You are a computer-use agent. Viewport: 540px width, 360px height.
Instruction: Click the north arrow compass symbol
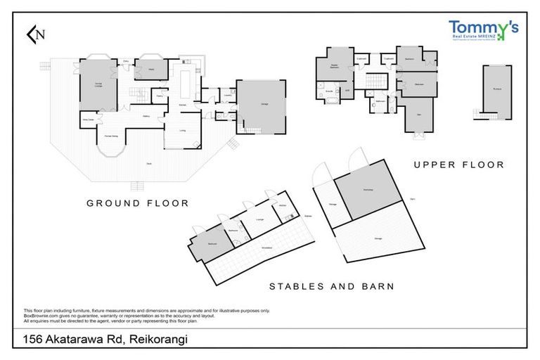(34, 33)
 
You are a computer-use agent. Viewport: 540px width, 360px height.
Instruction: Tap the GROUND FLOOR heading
(138, 203)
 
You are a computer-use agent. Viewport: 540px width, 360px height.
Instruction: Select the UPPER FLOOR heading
(458, 165)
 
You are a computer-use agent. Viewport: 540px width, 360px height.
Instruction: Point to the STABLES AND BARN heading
(332, 286)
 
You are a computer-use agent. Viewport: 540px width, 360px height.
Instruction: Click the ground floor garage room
(261, 105)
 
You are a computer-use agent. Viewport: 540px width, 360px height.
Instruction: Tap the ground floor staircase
(138, 92)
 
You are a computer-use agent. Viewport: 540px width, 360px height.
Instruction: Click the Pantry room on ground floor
(160, 97)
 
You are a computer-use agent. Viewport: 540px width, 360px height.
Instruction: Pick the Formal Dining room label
(111, 135)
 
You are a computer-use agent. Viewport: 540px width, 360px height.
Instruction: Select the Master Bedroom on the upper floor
(340, 67)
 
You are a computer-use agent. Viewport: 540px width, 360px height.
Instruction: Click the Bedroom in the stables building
(212, 244)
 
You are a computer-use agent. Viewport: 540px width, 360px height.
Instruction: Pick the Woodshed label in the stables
(266, 248)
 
